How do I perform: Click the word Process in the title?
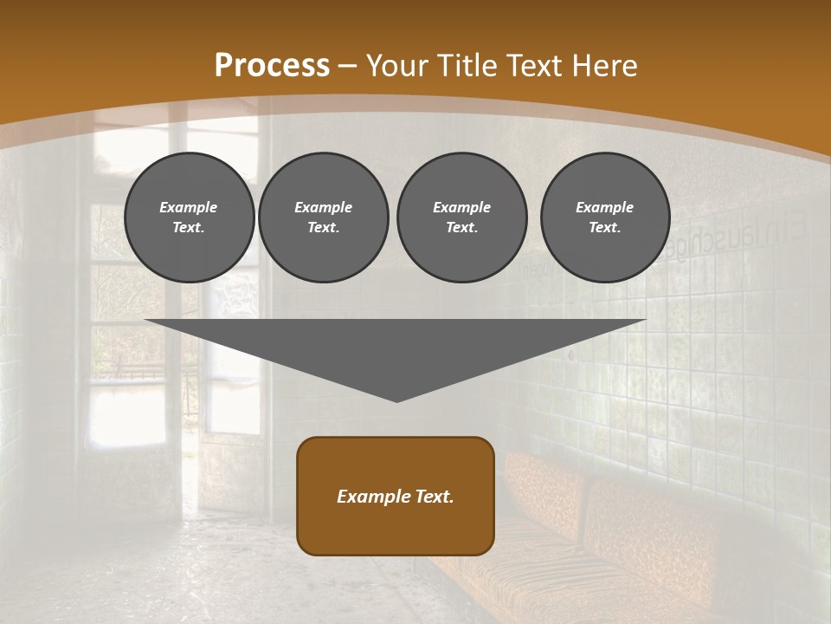tap(272, 66)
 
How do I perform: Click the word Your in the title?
tap(398, 66)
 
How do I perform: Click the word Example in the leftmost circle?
tap(189, 207)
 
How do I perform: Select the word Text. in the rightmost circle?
tap(605, 227)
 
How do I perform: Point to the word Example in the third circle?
tap(461, 207)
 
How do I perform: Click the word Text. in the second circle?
tap(323, 227)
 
